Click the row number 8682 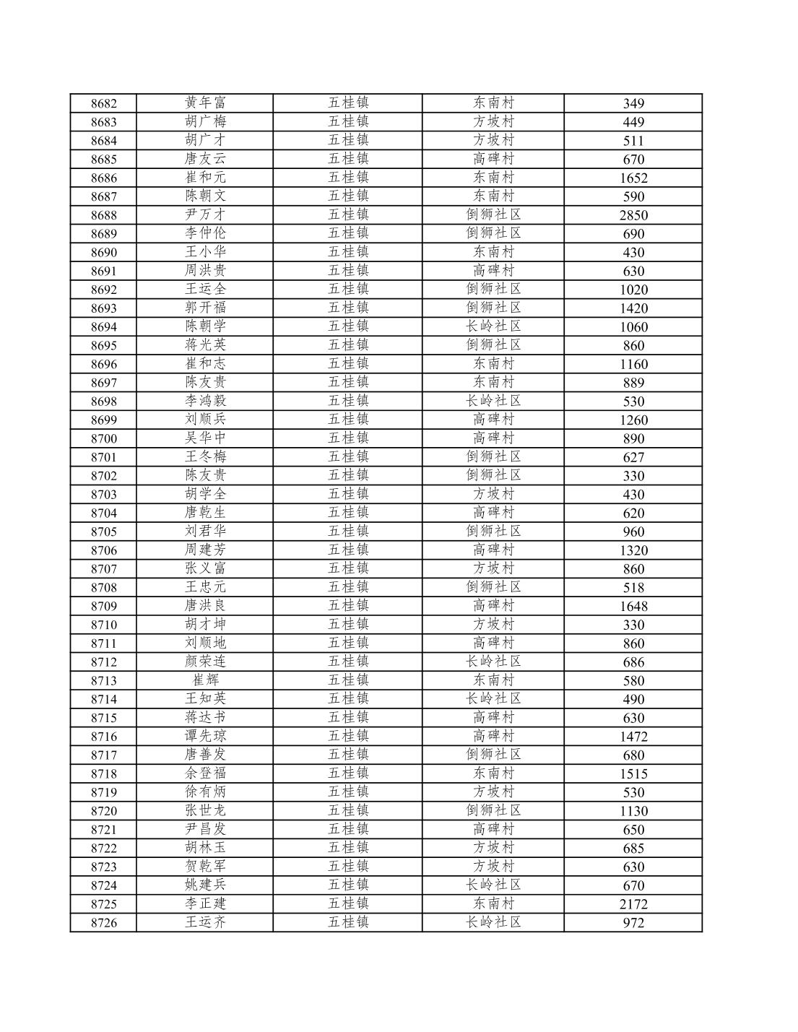point(103,103)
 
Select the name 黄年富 point(205,103)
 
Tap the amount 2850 point(633,215)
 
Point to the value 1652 point(633,178)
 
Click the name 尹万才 point(205,215)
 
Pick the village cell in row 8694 point(493,326)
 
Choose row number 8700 point(103,438)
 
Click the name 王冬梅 point(205,457)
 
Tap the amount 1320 point(633,550)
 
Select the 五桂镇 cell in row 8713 point(348,680)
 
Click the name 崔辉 point(205,680)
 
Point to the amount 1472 point(633,737)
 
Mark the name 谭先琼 point(205,737)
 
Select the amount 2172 point(633,904)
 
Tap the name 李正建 point(205,904)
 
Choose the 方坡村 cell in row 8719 point(493,792)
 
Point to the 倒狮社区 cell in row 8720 point(493,811)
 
